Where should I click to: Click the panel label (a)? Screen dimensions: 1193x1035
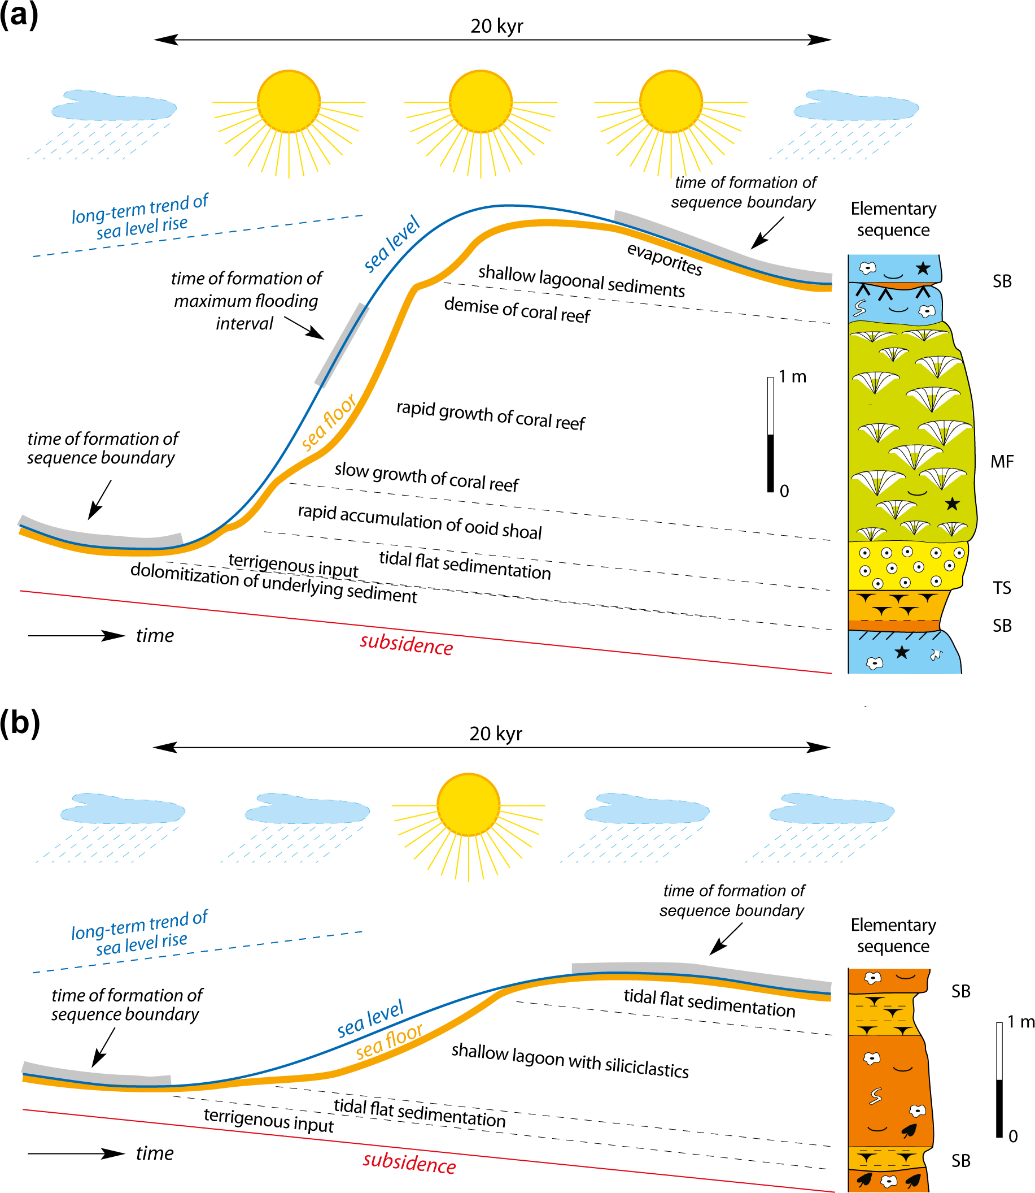[x=19, y=15]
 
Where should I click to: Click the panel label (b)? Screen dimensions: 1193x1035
[x=20, y=722]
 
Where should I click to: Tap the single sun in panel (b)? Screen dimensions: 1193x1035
[x=469, y=805]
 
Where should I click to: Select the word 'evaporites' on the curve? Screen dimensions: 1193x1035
[x=665, y=259]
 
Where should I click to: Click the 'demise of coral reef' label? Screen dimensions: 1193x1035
[x=517, y=310]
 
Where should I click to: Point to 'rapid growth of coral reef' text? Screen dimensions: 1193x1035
[x=490, y=415]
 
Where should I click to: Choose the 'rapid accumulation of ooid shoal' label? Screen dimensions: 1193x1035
[x=420, y=522]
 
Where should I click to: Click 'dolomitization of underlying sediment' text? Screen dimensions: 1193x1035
[x=273, y=583]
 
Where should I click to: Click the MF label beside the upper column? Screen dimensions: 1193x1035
[x=1002, y=462]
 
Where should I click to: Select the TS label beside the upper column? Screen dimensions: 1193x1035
[x=1002, y=588]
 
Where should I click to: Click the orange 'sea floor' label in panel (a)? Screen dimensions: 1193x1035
[x=328, y=422]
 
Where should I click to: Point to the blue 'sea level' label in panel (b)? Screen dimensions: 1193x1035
[x=370, y=1018]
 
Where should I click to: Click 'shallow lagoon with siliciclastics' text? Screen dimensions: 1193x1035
[x=570, y=1061]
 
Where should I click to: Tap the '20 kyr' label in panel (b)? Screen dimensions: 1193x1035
[x=496, y=734]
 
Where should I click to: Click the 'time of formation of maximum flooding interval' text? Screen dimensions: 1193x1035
[x=246, y=301]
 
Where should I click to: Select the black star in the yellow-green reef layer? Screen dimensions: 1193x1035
[x=952, y=504]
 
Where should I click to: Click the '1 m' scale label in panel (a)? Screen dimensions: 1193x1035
[x=792, y=377]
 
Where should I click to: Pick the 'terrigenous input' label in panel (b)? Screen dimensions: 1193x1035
[x=269, y=1120]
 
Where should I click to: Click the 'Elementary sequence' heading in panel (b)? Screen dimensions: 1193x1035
[x=893, y=935]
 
